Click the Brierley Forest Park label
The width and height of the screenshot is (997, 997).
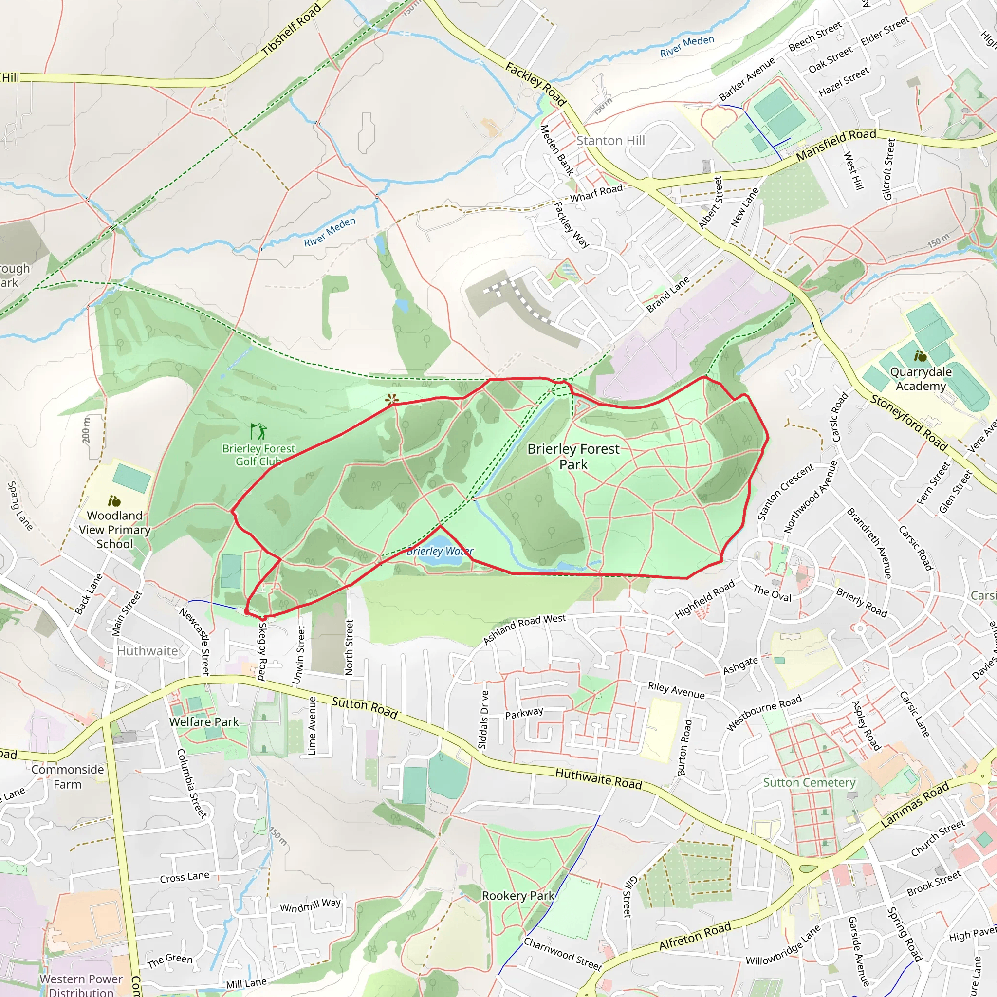pyautogui.click(x=573, y=456)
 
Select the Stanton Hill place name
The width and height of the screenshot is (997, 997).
pyautogui.click(x=610, y=141)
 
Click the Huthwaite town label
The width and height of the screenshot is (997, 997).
pyautogui.click(x=147, y=651)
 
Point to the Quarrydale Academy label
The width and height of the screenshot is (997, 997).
pyautogui.click(x=921, y=379)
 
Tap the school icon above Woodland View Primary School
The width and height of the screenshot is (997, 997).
pyautogui.click(x=114, y=500)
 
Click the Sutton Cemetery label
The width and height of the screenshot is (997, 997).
pyautogui.click(x=809, y=782)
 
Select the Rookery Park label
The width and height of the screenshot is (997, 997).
pyautogui.click(x=518, y=895)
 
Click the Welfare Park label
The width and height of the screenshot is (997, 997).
pyautogui.click(x=204, y=722)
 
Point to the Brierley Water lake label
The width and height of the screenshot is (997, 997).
pyautogui.click(x=440, y=551)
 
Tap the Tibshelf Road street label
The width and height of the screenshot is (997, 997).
pyautogui.click(x=291, y=29)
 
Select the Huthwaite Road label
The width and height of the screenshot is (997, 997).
pyautogui.click(x=598, y=779)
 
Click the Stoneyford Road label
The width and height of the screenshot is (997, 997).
pyautogui.click(x=909, y=423)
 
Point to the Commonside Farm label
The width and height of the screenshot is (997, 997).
pyautogui.click(x=68, y=776)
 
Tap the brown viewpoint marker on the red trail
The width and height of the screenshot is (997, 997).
pyautogui.click(x=392, y=399)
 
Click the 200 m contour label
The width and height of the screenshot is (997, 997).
pyautogui.click(x=86, y=429)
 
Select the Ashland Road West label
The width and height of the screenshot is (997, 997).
pyautogui.click(x=524, y=629)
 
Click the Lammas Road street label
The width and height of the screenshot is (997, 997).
pyautogui.click(x=914, y=805)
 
